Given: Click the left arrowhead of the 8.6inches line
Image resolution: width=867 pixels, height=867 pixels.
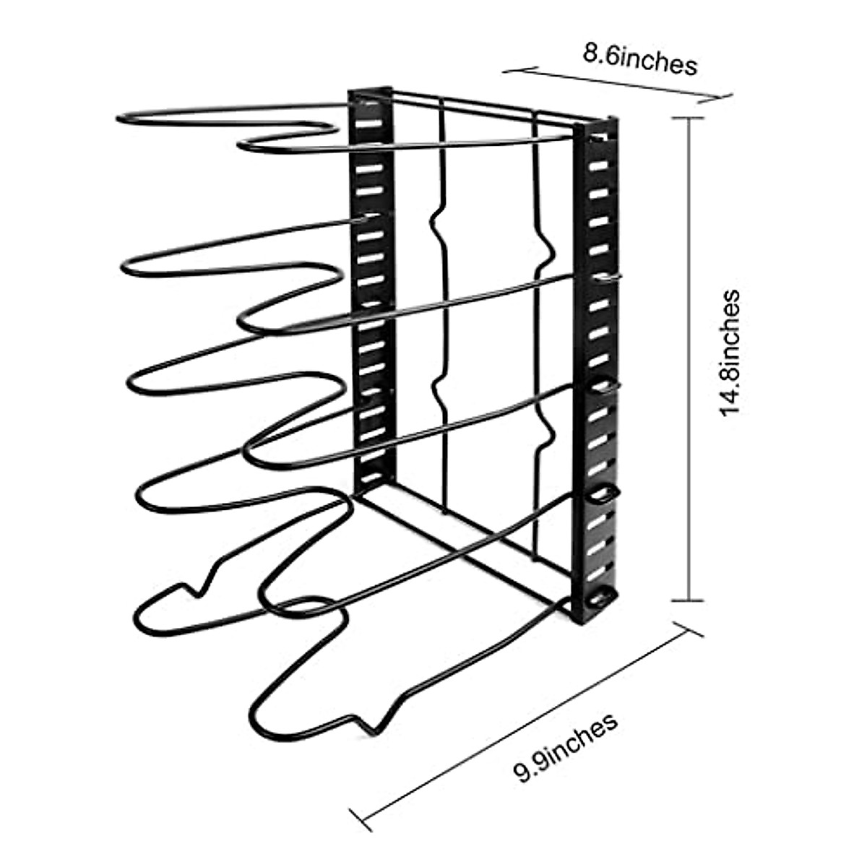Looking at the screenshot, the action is (506, 70).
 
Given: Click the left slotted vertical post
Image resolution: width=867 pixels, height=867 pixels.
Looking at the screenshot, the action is (371, 289).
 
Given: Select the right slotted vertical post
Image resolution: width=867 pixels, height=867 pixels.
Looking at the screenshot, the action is (595, 361).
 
